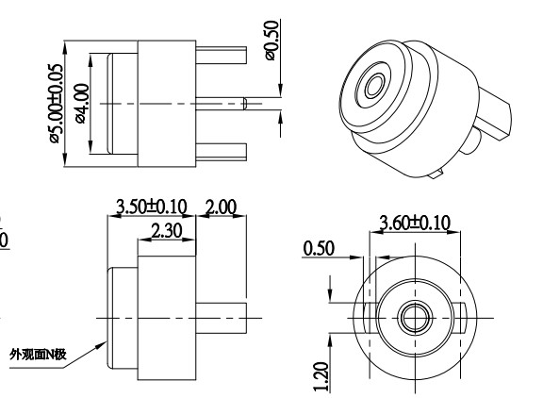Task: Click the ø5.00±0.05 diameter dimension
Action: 56,103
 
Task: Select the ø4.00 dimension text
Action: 82,103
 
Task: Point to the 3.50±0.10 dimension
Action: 152,206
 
